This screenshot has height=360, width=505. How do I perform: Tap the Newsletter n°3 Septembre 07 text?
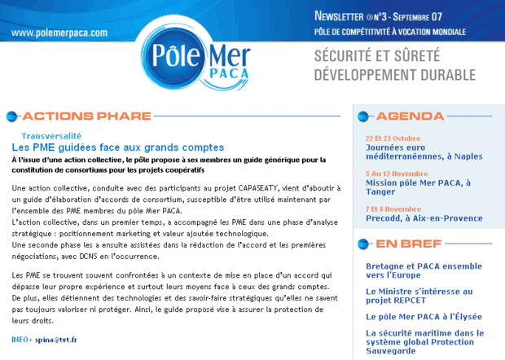(x=389, y=16)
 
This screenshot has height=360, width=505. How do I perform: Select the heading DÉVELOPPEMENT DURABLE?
(x=395, y=75)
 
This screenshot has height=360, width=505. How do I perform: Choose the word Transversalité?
(x=51, y=136)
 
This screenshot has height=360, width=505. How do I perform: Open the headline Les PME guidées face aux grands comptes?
(x=117, y=147)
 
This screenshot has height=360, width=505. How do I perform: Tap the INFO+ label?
(x=22, y=339)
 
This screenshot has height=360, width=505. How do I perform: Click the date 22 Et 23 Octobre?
(x=393, y=138)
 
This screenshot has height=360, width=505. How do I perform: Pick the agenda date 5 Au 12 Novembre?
(x=397, y=173)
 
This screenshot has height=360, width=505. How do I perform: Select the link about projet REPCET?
(x=419, y=295)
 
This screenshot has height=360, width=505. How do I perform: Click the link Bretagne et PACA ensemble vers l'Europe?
(x=424, y=270)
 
